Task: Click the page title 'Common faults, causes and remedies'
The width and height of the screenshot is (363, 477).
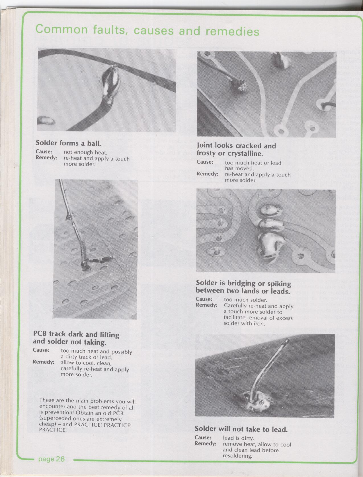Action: pos(147,30)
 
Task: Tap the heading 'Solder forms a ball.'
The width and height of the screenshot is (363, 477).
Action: pos(68,143)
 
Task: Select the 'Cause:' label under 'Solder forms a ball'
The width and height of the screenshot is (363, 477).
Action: pos(44,152)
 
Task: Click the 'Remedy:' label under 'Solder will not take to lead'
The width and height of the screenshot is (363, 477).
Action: pos(205,443)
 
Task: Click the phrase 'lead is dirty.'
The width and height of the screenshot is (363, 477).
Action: pos(238,438)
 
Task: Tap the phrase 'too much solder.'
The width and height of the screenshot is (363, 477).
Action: pos(245,300)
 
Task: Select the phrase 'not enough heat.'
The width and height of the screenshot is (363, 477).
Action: pos(85,153)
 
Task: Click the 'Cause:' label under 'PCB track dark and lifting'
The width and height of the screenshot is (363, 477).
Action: pos(41,350)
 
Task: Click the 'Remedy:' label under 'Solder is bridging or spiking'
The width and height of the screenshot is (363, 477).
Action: pos(206,305)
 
